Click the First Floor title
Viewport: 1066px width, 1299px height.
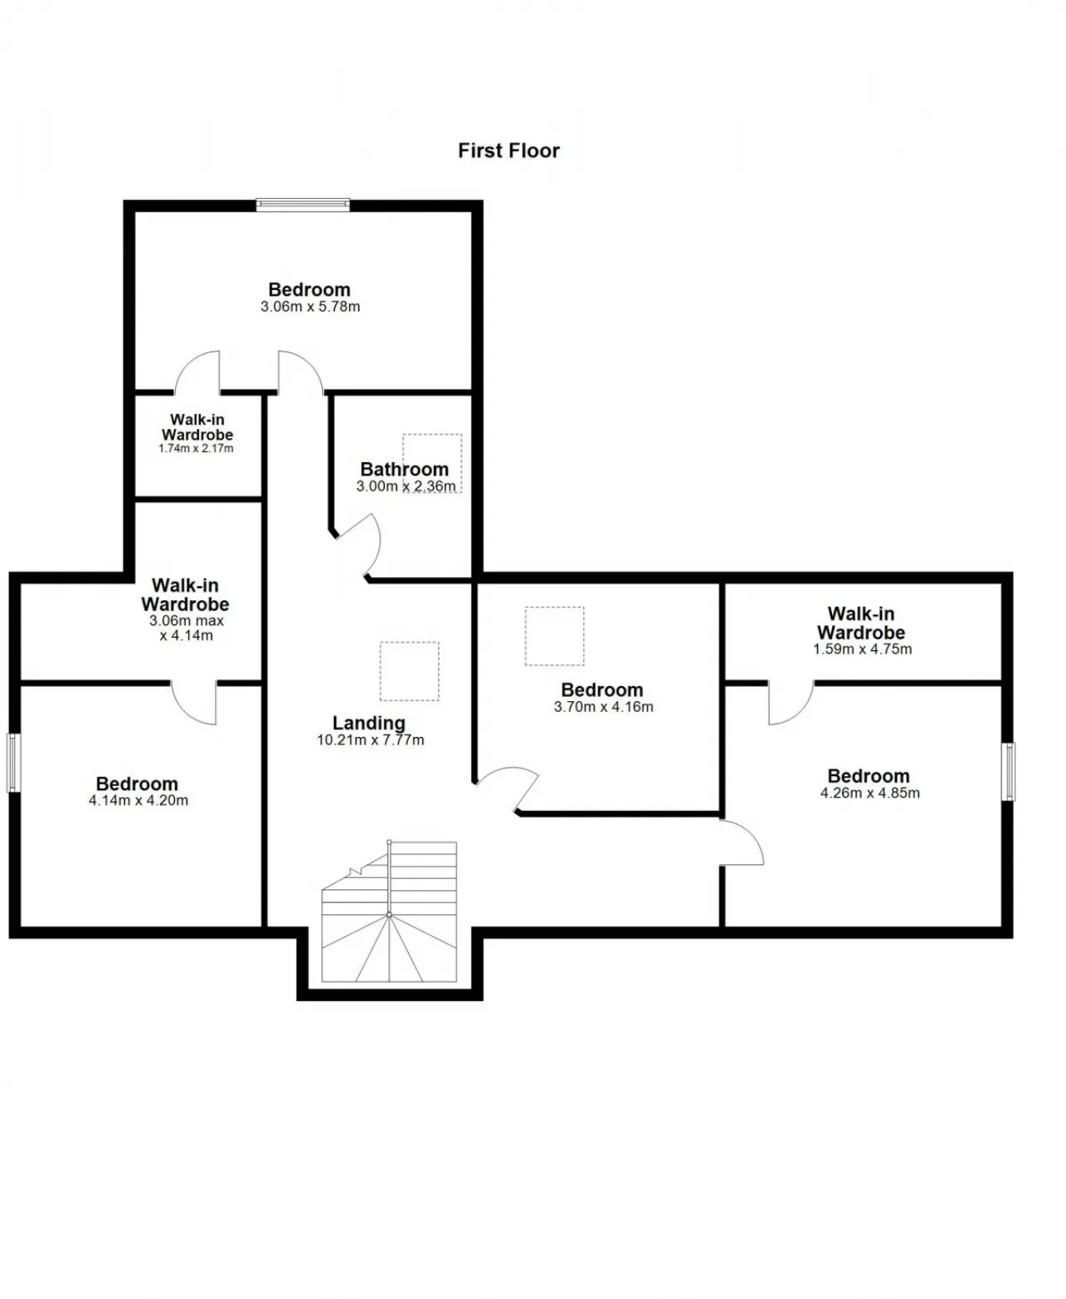[508, 151]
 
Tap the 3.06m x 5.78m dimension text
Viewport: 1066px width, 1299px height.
[310, 306]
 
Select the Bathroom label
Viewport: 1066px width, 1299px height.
[404, 470]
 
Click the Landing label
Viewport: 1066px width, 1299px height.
[368, 723]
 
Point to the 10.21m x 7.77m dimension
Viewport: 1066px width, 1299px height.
[371, 740]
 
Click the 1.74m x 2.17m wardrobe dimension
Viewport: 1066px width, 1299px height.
[196, 448]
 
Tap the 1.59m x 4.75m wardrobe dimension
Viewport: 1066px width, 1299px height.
[862, 649]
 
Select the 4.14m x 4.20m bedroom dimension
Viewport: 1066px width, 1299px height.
[138, 801]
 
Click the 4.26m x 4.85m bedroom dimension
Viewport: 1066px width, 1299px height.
[869, 794]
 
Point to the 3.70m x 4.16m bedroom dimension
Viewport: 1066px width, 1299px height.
[603, 707]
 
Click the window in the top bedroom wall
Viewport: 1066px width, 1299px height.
[302, 205]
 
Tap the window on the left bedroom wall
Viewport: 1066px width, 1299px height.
[13, 763]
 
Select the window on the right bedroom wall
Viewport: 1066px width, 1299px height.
[1008, 772]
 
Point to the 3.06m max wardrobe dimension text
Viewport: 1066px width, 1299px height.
[186, 628]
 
